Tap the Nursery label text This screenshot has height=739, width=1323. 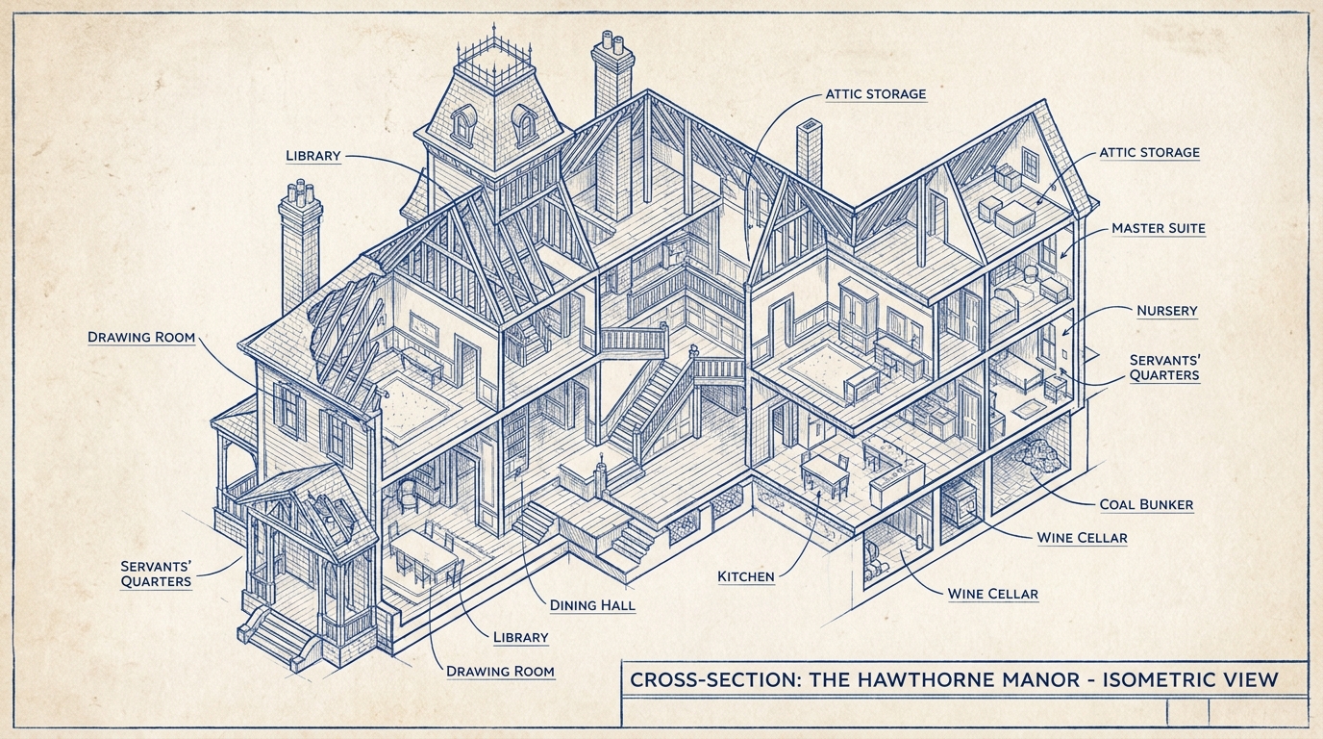click(1166, 311)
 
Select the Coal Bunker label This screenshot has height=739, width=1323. click(1146, 504)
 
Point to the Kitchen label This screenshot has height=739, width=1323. click(745, 576)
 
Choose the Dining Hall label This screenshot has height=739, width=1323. click(592, 605)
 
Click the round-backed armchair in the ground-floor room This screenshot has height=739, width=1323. click(409, 495)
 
